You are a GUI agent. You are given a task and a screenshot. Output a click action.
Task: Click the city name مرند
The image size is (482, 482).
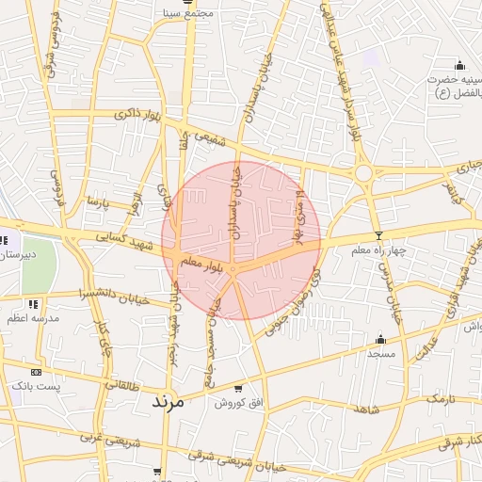click(x=171, y=400)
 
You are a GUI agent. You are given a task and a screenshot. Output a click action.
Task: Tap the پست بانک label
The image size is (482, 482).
click(x=35, y=386)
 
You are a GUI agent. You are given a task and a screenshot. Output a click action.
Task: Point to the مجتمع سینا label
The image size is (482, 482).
click(x=189, y=13)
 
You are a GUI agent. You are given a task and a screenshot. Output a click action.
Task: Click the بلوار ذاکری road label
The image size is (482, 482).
click(x=138, y=115)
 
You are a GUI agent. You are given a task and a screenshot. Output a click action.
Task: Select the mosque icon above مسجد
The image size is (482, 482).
click(x=380, y=339)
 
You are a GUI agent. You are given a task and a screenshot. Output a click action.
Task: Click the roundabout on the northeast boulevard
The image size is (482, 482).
click(x=362, y=173)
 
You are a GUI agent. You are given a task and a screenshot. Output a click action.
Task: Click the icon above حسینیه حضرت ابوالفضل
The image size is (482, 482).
click(x=459, y=65)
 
